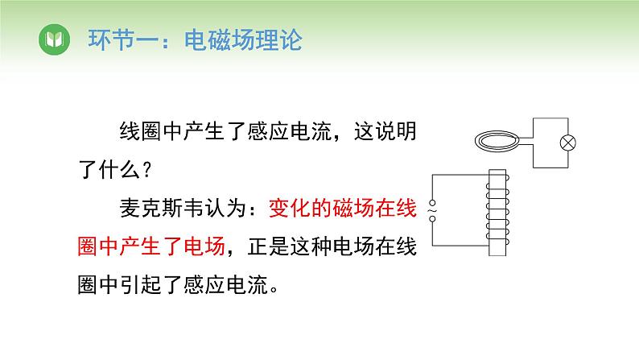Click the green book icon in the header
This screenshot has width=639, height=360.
click(54, 39)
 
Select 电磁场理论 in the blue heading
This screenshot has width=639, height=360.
click(243, 40)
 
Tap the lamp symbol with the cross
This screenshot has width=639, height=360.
click(567, 143)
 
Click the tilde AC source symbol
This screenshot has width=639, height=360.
click(432, 211)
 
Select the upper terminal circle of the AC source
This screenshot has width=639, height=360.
click(432, 203)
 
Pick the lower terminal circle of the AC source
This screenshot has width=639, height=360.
click(432, 219)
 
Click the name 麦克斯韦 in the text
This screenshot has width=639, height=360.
click(162, 208)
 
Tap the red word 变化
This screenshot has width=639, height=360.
click(290, 208)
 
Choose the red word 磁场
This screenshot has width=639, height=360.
click(353, 208)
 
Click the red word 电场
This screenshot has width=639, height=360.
click(204, 246)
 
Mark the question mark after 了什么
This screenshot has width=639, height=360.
click(147, 170)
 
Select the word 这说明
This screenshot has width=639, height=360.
click(385, 131)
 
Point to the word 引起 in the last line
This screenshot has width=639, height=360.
click(141, 284)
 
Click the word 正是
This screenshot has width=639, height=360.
click(268, 246)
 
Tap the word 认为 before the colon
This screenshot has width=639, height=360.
click(226, 208)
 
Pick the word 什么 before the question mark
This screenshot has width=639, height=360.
click(120, 170)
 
